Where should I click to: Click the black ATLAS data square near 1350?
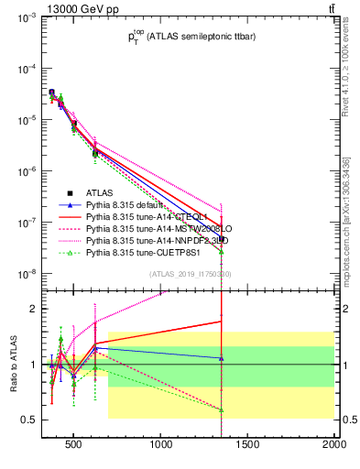point(222,238)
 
